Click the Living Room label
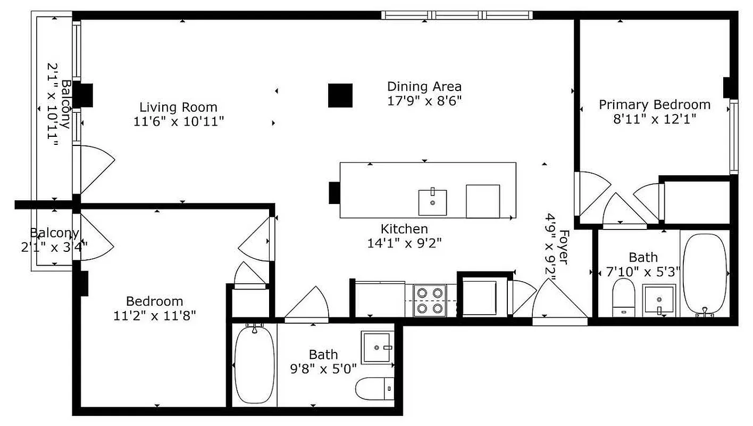point(178,107)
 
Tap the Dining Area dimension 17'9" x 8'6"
point(424,100)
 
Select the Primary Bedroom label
point(654,104)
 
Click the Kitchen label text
point(404,229)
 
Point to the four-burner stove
point(430,300)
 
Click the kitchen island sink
point(432,201)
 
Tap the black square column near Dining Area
point(340,95)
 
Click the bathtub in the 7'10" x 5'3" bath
point(704,274)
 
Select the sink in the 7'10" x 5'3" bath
point(659,300)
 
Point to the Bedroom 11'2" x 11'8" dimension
point(155,315)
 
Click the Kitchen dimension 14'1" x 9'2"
point(404,243)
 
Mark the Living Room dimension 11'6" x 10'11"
point(178,121)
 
